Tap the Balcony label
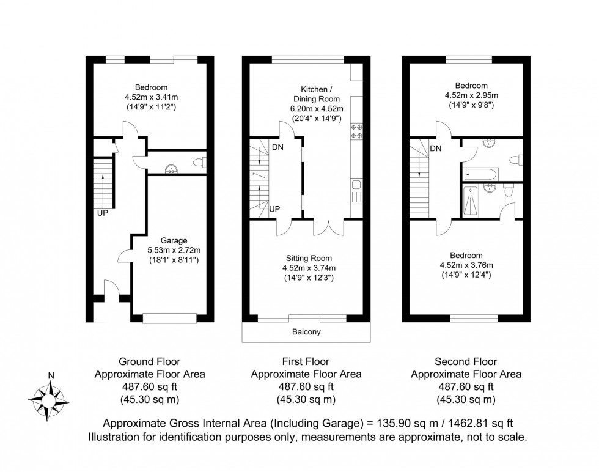pos(306,332)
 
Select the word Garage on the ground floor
pos(174,240)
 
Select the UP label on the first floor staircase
pos(275,208)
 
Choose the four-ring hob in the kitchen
pos(356,131)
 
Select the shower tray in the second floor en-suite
pos(471,201)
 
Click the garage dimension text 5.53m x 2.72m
pos(174,250)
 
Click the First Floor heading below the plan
pos(306,361)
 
